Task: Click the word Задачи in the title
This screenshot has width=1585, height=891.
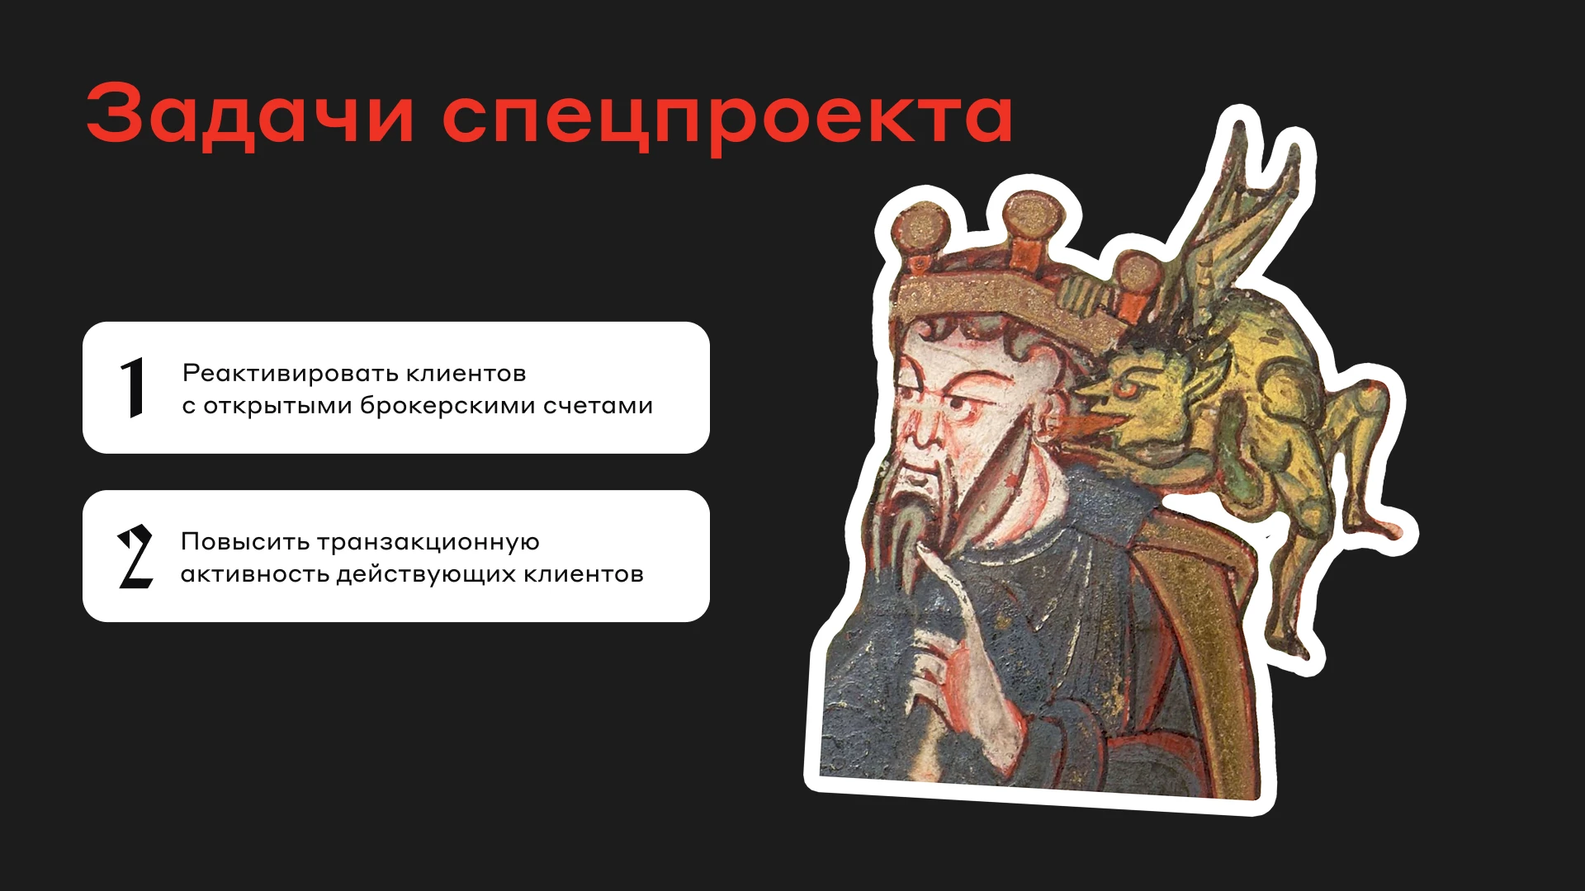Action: (x=249, y=113)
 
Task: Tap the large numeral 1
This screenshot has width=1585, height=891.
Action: (x=133, y=388)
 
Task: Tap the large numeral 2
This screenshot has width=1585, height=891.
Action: (x=135, y=556)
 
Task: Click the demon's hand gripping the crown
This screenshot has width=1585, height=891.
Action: (x=1082, y=293)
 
